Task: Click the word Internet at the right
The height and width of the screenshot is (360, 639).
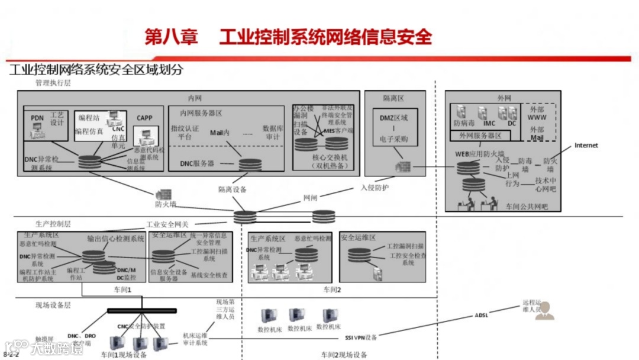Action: coord(586,145)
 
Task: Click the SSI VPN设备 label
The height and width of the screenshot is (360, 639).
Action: coord(361,337)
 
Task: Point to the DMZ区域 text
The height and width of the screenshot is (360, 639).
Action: coord(393,118)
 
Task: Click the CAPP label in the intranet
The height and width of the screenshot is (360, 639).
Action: coord(144,118)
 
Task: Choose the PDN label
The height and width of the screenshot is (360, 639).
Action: coord(37,118)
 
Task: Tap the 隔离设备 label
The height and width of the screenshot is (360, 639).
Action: coord(232,189)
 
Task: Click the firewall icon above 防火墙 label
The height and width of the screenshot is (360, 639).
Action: coord(163,194)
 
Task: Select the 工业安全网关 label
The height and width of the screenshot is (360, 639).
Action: coord(167,225)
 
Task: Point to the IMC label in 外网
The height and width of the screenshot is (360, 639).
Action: coord(489,124)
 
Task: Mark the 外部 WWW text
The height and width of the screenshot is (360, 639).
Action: coord(537,113)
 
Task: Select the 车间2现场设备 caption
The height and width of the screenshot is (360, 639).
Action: coord(344,355)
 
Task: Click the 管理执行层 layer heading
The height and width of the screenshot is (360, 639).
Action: coord(53,83)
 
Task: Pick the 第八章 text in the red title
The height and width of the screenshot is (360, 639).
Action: coord(172,37)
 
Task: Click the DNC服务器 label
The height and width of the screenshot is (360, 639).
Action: coord(197,163)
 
